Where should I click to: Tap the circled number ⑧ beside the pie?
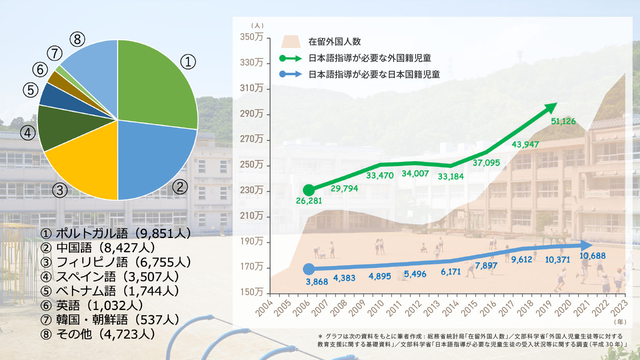[x=77, y=39]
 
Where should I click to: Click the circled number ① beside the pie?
[x=188, y=62]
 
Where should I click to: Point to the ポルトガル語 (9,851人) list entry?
[x=116, y=233]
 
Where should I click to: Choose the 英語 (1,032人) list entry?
[x=92, y=305]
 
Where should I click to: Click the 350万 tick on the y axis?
[x=252, y=37]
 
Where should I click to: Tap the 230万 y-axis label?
[x=252, y=190]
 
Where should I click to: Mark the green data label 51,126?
[x=563, y=121]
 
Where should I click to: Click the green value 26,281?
[x=309, y=201]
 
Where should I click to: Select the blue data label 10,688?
[x=592, y=256]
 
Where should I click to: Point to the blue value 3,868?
[x=317, y=282]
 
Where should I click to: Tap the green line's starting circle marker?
[x=309, y=190]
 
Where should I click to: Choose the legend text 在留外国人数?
[x=334, y=42]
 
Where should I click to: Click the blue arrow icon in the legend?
[x=290, y=74]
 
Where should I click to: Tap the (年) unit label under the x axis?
[x=620, y=322]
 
